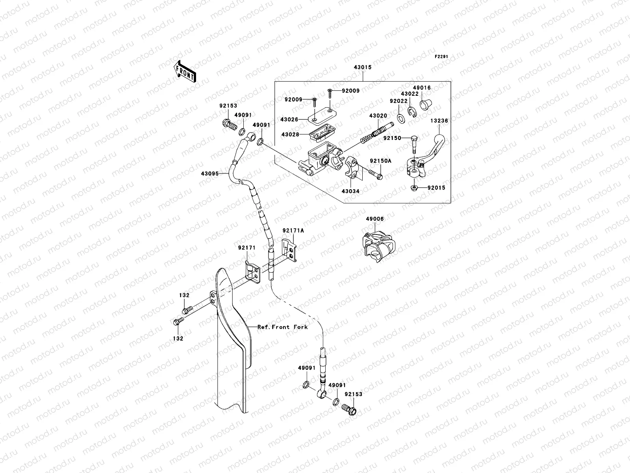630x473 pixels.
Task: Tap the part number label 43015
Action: [x=363, y=67]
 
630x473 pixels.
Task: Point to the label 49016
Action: [x=422, y=88]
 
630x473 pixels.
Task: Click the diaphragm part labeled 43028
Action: [x=320, y=134]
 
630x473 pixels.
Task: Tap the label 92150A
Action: [x=380, y=161]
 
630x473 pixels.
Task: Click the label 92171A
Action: [x=293, y=231]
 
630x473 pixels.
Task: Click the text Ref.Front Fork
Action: [x=282, y=327]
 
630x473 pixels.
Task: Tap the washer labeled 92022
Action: [x=400, y=117]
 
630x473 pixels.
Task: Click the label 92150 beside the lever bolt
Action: [x=391, y=138]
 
